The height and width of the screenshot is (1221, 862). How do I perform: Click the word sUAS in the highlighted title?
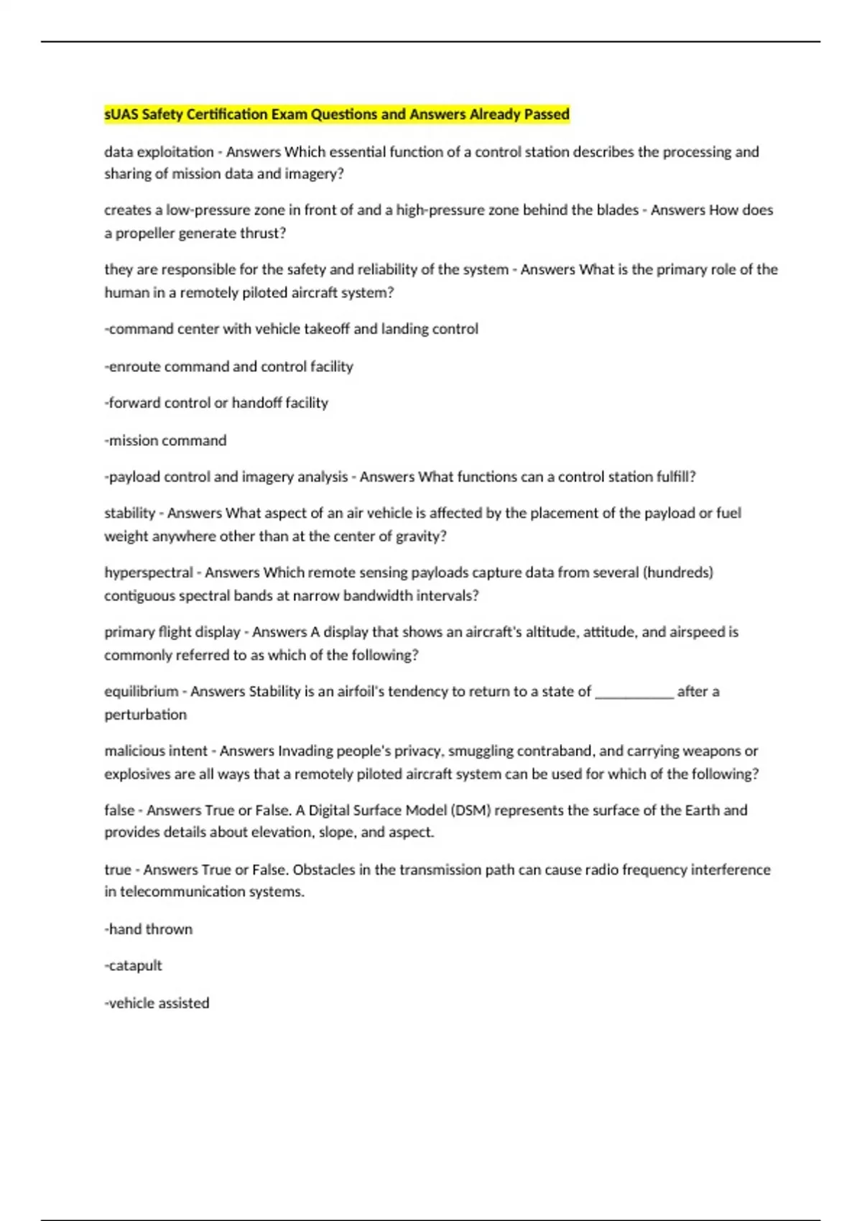(x=121, y=114)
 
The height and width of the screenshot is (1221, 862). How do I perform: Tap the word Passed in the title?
(x=548, y=114)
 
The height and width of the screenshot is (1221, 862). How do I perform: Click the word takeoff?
(x=327, y=329)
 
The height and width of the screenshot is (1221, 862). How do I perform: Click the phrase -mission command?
(x=165, y=440)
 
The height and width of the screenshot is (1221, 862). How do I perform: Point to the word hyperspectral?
(x=149, y=572)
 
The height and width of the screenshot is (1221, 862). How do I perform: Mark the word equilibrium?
(x=141, y=692)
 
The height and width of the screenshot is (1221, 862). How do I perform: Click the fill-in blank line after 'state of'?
(x=634, y=693)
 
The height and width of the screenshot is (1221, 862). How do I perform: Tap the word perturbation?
(x=145, y=715)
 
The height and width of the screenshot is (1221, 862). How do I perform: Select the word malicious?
(x=135, y=751)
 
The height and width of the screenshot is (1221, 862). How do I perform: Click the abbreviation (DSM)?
(x=471, y=810)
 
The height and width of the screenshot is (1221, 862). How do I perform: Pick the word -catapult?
(x=134, y=965)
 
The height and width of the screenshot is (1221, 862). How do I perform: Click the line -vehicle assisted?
(x=157, y=1003)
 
